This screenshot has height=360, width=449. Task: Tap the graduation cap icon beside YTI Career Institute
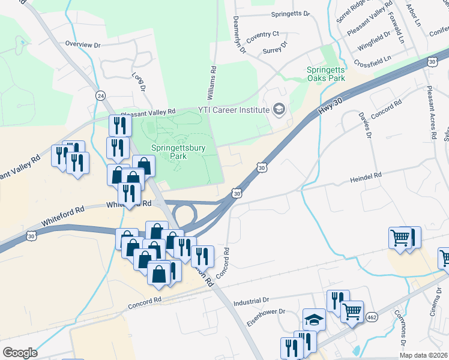(279, 109)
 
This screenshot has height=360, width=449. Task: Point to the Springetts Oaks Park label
(326, 74)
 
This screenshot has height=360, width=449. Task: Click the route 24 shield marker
(100, 96)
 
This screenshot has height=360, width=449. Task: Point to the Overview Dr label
(83, 44)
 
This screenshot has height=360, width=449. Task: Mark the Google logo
(19, 353)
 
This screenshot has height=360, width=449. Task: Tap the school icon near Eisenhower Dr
(314, 319)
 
